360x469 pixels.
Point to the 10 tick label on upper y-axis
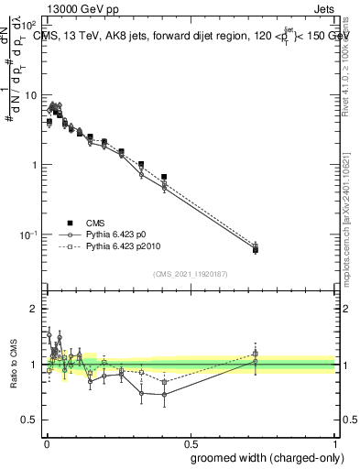pyautogui.click(x=31, y=95)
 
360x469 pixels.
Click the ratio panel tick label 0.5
pyautogui.click(x=29, y=420)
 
